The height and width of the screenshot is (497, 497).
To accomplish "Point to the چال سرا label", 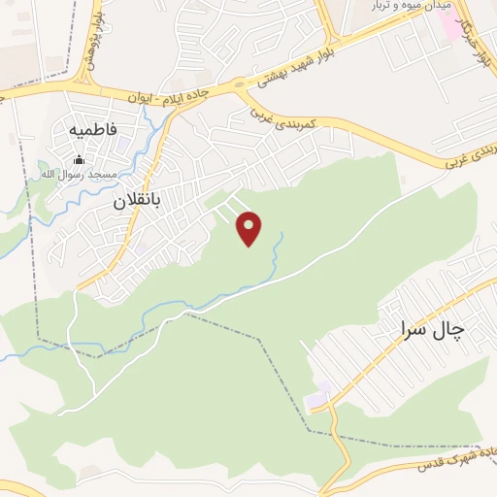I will coord(432,330).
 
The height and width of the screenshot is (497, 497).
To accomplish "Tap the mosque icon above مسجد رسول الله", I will coord(80,159).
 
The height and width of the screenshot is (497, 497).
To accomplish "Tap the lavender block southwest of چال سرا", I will coord(319,399).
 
